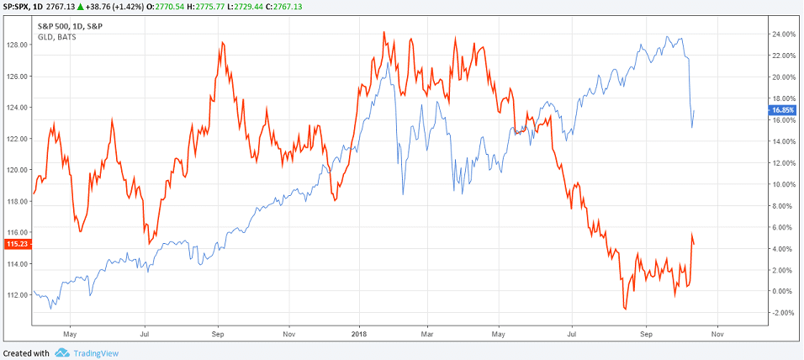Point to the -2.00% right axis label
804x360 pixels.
tap(783, 313)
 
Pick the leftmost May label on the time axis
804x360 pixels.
tap(70, 333)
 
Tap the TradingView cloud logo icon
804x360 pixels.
tap(61, 353)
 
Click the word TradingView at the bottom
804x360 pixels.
tap(95, 353)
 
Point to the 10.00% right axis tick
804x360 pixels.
tap(783, 184)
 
